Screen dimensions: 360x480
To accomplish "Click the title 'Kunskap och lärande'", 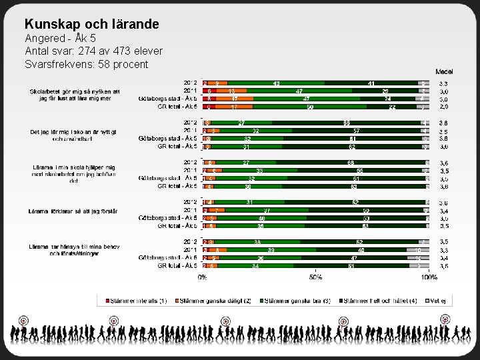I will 91,24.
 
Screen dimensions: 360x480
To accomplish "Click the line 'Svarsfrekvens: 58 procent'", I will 86,64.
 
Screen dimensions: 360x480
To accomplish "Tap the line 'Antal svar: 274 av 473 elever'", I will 93,51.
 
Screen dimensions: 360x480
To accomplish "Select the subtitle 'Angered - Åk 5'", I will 60,38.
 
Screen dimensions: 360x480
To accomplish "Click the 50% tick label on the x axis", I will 315,276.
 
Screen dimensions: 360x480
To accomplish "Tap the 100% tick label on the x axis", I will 429,276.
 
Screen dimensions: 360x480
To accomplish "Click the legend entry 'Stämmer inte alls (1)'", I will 133,301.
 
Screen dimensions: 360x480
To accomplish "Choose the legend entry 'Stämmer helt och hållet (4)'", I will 377,301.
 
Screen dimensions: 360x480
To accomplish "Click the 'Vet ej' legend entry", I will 437,301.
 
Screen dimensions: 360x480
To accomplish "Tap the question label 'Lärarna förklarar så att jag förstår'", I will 73,211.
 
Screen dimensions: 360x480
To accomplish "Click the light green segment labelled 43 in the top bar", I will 276,83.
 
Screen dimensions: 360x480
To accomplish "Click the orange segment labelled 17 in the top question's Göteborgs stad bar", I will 234,98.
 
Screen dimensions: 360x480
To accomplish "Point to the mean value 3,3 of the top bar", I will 443,83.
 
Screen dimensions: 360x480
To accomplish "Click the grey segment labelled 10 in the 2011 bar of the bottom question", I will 418,249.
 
